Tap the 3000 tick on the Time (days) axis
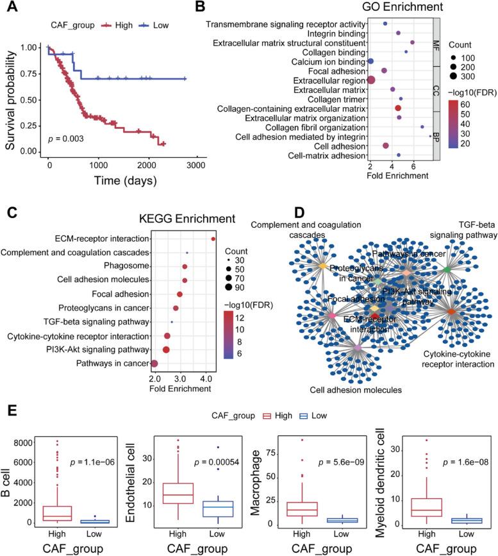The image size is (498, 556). [196, 165]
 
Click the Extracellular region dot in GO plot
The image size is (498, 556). [371, 80]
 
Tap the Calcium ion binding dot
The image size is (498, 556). [370, 61]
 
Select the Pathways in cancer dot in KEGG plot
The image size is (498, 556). [154, 364]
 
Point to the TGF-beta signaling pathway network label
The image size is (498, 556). [463, 230]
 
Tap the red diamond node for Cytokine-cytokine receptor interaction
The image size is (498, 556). [451, 312]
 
